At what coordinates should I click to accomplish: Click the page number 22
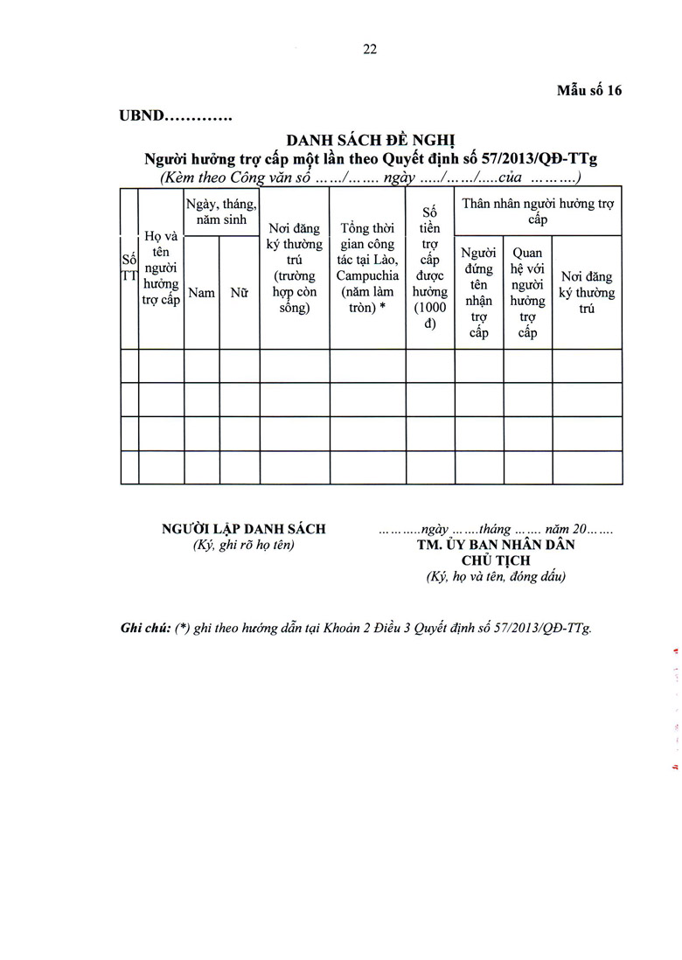pos(370,50)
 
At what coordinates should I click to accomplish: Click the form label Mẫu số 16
pos(589,91)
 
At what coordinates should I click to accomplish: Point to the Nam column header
pos(201,293)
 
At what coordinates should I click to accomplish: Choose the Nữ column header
pos(239,293)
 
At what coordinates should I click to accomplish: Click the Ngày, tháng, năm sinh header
pos(221,212)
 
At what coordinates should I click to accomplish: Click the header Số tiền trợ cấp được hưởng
pos(429,268)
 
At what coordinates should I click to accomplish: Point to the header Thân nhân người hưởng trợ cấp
pos(538,211)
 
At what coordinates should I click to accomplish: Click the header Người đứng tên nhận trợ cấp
pos(478,293)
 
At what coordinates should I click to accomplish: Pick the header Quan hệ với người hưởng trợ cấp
pos(527,293)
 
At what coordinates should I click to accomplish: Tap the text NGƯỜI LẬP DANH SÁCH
pos(244,528)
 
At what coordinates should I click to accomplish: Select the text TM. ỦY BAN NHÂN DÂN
pos(496,544)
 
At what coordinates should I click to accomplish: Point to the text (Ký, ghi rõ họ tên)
pos(244,545)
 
